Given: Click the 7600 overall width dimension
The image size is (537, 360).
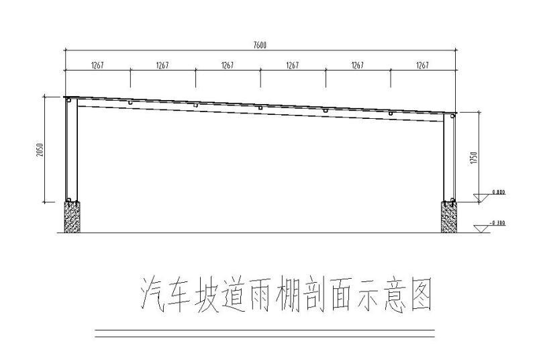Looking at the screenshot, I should (260, 46).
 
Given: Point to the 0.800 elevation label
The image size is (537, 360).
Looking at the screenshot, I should (499, 192).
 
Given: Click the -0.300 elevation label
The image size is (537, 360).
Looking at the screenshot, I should (497, 222).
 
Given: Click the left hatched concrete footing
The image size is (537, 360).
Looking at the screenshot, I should (71, 216).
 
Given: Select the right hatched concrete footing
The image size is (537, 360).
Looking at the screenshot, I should (448, 216).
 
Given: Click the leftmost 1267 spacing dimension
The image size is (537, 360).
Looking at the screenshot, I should (97, 66).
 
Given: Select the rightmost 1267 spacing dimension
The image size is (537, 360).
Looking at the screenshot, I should (422, 66).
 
